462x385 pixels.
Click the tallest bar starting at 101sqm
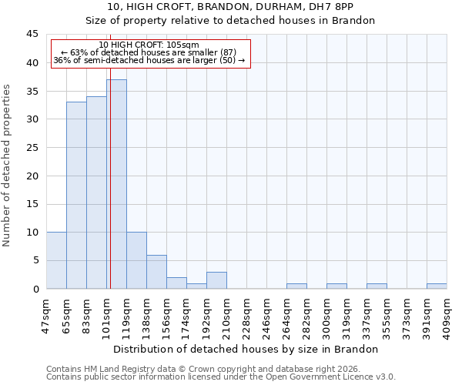(116, 184)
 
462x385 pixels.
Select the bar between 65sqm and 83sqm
(76, 196)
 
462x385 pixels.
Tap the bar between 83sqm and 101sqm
(96, 192)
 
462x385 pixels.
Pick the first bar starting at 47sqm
(56, 260)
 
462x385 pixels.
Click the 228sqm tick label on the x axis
(246, 313)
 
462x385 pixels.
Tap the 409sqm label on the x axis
(447, 313)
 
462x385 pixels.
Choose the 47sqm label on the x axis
(46, 313)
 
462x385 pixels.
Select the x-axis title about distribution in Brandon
(246, 349)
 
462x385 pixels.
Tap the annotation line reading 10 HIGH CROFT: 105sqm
(149, 45)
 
